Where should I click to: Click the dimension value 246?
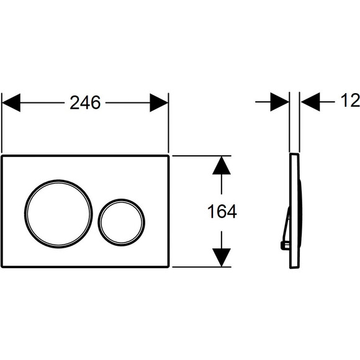click(x=85, y=102)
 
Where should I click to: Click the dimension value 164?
click(x=222, y=212)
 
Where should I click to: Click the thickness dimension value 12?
click(x=350, y=101)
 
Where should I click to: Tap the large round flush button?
click(x=58, y=214)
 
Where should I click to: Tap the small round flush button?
click(x=122, y=222)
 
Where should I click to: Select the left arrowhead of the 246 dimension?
click(x=11, y=102)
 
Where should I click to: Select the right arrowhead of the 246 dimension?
click(x=159, y=102)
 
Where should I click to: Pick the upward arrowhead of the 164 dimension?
click(x=222, y=165)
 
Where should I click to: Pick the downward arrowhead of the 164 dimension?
click(x=222, y=258)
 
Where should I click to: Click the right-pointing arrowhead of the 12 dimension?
click(x=280, y=102)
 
